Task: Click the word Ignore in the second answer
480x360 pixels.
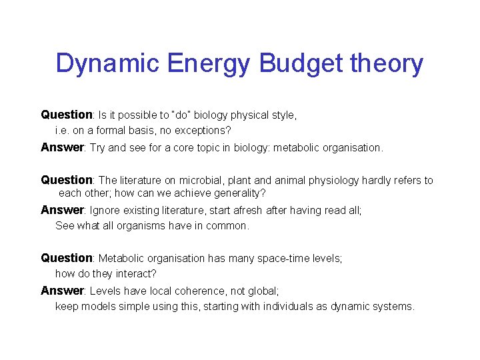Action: click(106, 211)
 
